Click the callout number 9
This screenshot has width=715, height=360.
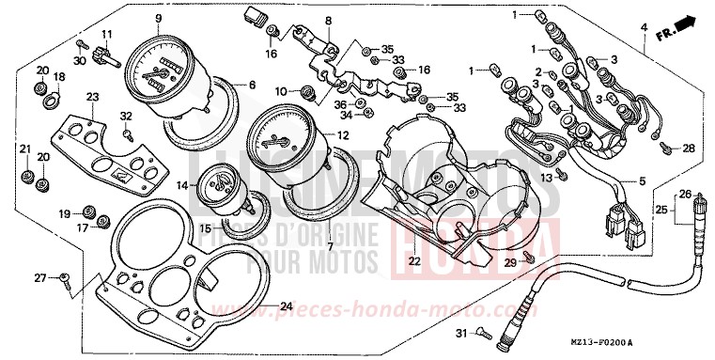pyautogui.click(x=159, y=19)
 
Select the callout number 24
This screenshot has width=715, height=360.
pyautogui.click(x=287, y=307)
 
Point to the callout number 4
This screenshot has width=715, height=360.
pyautogui.click(x=645, y=27)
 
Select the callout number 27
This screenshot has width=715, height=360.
pyautogui.click(x=39, y=277)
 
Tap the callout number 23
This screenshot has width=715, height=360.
pyautogui.click(x=92, y=97)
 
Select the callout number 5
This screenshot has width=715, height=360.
pyautogui.click(x=644, y=180)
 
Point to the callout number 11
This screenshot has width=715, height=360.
pyautogui.click(x=106, y=36)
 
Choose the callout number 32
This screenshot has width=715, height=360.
pyautogui.click(x=125, y=115)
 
